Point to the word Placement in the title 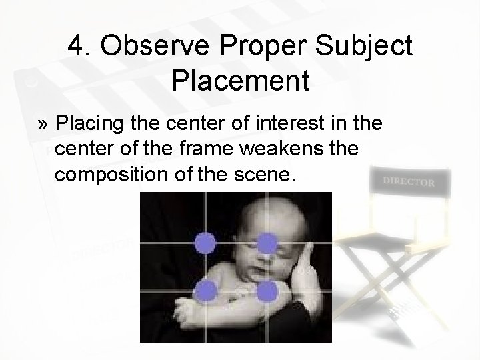[240, 81]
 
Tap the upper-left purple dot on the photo [207, 243]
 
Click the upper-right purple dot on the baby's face [267, 243]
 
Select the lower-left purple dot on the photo [207, 290]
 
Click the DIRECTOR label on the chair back [409, 181]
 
